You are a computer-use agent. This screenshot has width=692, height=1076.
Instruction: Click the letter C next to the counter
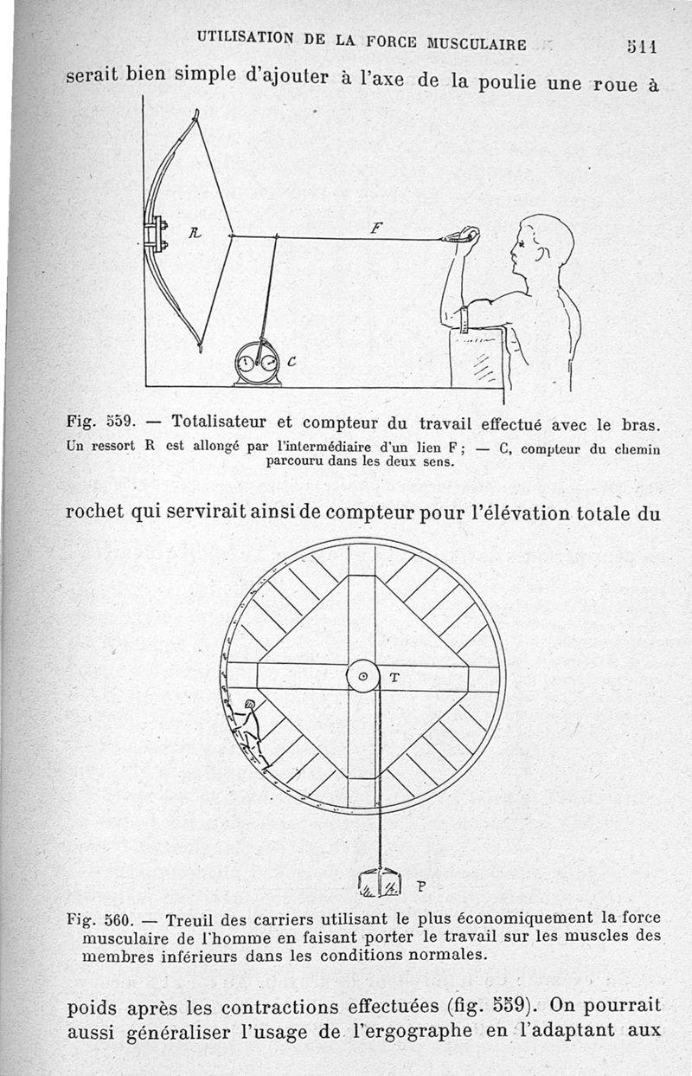[292, 363]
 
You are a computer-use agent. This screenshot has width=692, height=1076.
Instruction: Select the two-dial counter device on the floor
[258, 364]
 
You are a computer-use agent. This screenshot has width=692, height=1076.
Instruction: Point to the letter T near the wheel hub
[394, 679]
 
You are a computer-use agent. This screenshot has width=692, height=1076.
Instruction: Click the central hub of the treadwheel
[362, 676]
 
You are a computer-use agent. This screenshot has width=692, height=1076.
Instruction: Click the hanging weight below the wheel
[378, 883]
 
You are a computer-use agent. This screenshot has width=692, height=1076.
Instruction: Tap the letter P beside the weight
[421, 886]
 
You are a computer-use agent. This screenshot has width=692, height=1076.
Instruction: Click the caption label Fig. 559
[98, 423]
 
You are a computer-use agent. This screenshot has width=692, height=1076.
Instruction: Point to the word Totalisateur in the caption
[219, 423]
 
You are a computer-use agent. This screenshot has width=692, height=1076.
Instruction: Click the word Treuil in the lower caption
[187, 918]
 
